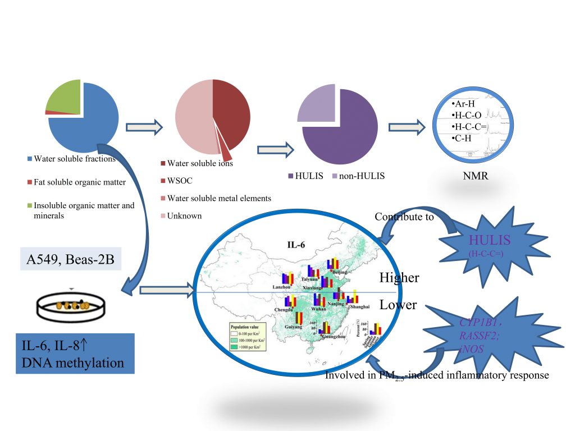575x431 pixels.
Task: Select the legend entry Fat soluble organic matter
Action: (x=80, y=182)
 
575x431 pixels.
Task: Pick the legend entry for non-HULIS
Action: (x=362, y=176)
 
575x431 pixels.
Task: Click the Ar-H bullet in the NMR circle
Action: (x=463, y=105)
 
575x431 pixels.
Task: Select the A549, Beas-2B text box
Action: (x=71, y=259)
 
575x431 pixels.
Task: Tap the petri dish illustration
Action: (x=70, y=305)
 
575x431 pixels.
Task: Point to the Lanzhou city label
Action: (x=282, y=287)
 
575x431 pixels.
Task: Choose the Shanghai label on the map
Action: (x=359, y=307)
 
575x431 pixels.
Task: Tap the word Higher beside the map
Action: (x=399, y=277)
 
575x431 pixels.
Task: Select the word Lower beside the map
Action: (x=398, y=305)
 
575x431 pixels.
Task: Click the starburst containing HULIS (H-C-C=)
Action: (x=490, y=245)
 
